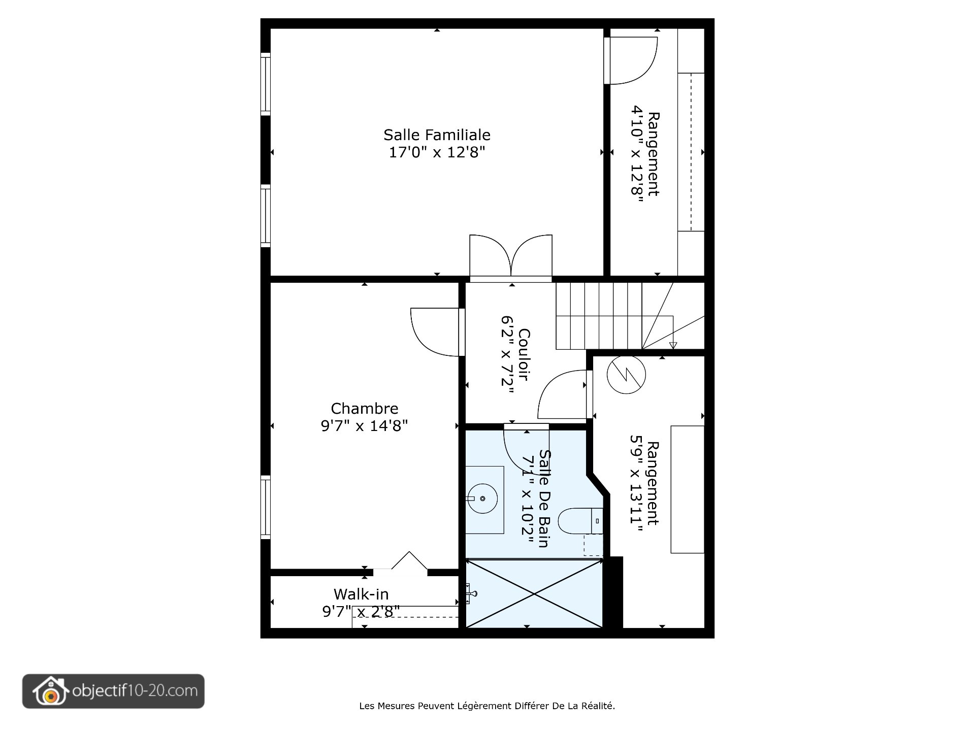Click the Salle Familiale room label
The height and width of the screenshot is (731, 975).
point(437,135)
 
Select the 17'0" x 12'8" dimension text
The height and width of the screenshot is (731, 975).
point(437,152)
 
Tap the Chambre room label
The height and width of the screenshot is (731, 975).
point(364,409)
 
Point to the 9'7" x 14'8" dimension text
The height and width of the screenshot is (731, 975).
point(364,426)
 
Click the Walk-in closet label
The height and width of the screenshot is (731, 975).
point(361,594)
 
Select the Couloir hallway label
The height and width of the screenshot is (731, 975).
point(525,354)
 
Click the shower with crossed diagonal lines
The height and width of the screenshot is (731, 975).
point(534,593)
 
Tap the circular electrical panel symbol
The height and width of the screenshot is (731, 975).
point(626,375)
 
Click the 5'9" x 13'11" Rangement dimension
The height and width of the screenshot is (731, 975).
point(636,483)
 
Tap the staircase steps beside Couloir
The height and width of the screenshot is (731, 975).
point(599,316)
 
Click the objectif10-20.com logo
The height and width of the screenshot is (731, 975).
point(113,691)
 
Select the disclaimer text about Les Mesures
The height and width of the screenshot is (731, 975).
point(487,706)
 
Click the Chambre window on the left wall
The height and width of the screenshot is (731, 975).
point(265,507)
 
